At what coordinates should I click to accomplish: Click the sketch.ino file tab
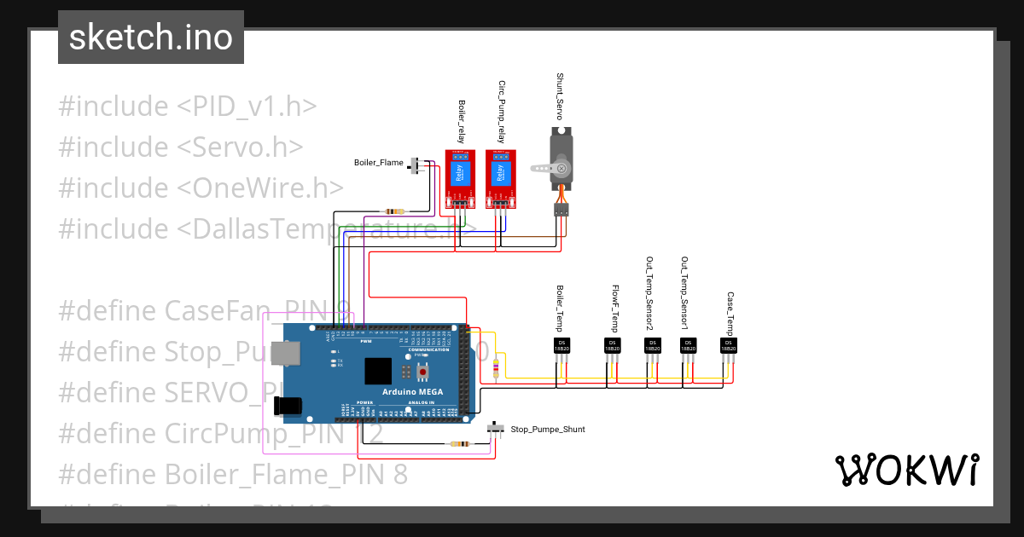151,38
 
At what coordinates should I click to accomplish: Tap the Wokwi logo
906,470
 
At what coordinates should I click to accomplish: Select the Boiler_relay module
458,177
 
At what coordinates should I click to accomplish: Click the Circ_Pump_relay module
500,177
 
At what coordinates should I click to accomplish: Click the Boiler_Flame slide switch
418,165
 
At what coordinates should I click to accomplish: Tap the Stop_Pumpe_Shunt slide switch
496,429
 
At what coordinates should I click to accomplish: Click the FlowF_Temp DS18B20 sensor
612,345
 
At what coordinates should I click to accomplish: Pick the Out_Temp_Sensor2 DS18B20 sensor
652,345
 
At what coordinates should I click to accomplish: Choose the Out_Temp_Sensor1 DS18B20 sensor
687,345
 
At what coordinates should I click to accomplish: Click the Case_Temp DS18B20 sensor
728,345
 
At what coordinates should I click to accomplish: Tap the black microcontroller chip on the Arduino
378,372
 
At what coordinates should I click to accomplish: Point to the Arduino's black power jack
290,407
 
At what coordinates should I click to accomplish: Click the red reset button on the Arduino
424,372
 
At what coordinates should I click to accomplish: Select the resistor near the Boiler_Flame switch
395,211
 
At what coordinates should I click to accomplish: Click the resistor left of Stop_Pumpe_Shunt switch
459,443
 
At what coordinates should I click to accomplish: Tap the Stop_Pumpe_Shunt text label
547,430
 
